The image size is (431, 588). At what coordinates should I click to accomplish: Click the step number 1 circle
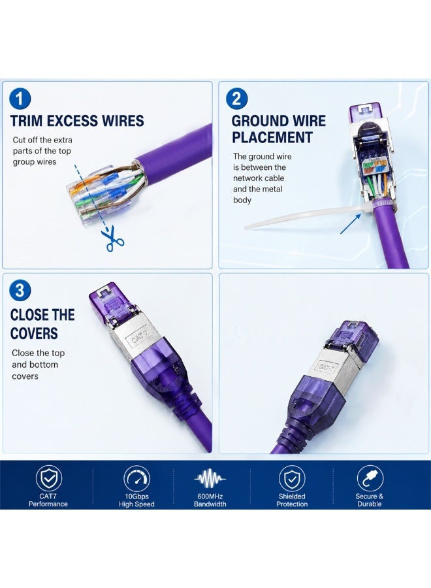[20, 99]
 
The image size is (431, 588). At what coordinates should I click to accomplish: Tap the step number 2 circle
[237, 99]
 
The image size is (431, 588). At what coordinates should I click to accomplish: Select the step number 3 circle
[20, 290]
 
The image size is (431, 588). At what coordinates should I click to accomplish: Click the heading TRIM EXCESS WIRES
[77, 121]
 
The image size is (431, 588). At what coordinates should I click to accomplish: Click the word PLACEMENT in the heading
[272, 137]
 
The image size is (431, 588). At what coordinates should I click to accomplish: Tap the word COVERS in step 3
[34, 333]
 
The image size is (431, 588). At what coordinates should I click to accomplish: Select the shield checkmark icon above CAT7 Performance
[49, 478]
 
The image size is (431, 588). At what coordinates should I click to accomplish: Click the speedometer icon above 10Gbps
[136, 478]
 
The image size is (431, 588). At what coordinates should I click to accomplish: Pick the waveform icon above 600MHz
[210, 479]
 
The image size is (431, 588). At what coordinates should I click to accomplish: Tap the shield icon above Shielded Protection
[292, 478]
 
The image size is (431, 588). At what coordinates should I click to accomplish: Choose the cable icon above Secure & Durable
[370, 478]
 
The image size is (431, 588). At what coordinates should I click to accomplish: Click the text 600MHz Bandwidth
[210, 500]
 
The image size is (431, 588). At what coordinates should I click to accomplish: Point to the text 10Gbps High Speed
[136, 500]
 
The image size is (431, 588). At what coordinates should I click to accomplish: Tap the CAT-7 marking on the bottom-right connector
[328, 366]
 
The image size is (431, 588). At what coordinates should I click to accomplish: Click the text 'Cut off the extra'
[42, 140]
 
